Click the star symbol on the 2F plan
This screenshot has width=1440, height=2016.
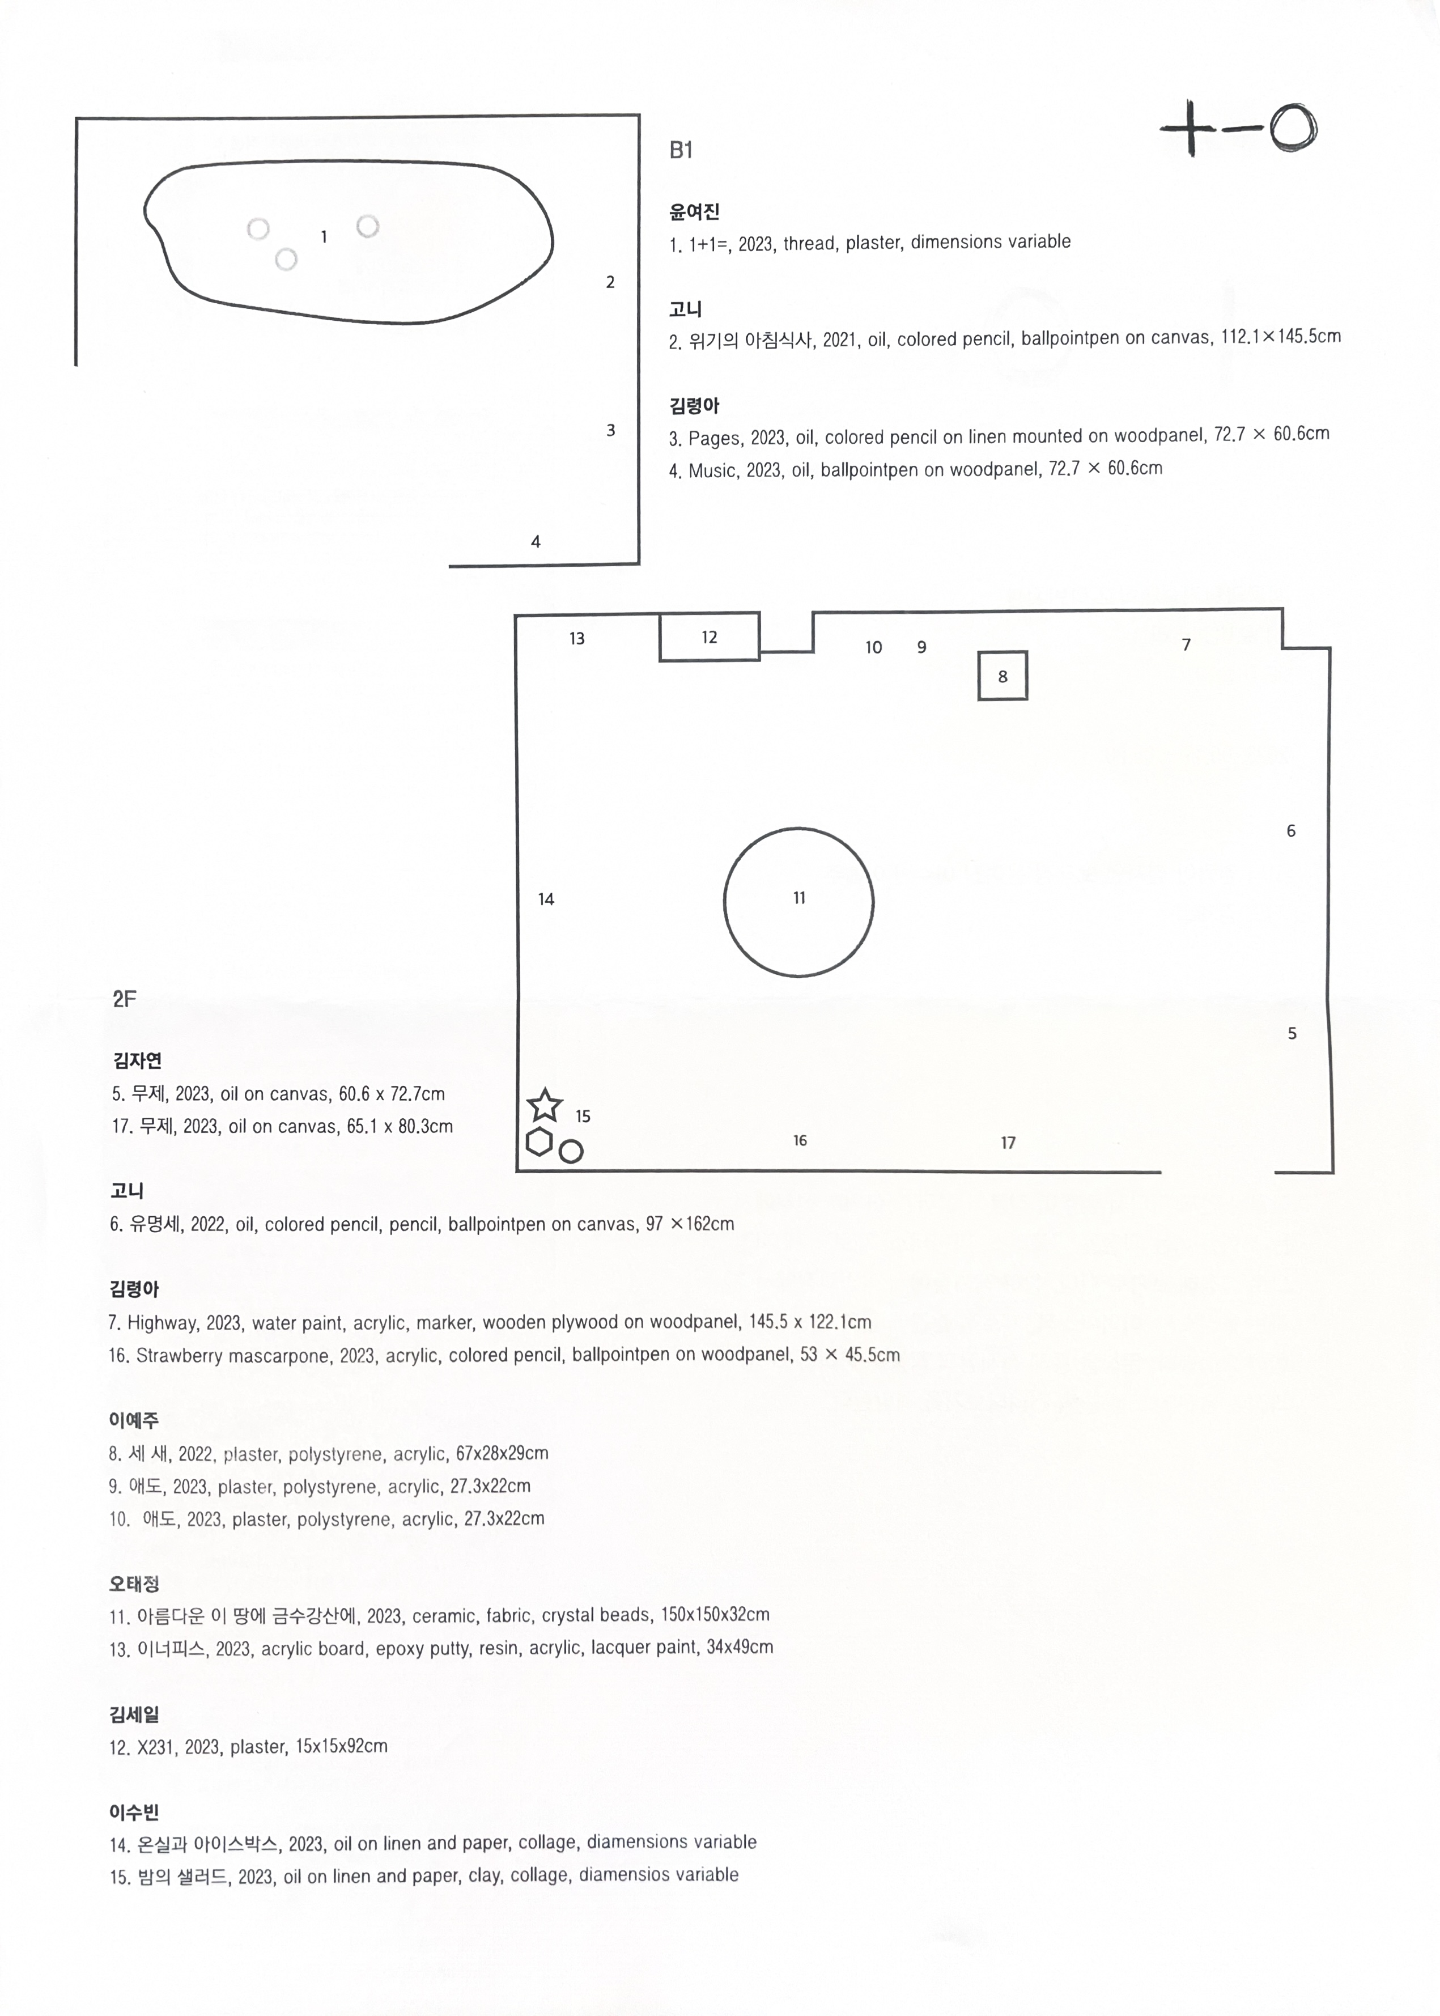(x=545, y=1106)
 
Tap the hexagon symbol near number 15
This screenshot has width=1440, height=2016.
(x=539, y=1143)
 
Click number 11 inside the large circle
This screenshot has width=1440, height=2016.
(x=799, y=898)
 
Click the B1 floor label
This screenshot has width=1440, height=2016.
(x=680, y=151)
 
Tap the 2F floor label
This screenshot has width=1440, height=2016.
(x=124, y=999)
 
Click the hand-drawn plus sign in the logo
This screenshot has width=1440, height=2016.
(x=1190, y=129)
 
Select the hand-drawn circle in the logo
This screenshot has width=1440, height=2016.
(x=1292, y=129)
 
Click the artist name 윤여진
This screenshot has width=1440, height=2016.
(x=694, y=212)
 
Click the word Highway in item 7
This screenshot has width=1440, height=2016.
(x=162, y=1323)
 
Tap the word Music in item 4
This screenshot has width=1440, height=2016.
(x=712, y=471)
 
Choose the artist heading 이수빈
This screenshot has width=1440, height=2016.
(x=134, y=1812)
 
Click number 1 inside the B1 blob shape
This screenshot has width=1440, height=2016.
(x=324, y=237)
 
